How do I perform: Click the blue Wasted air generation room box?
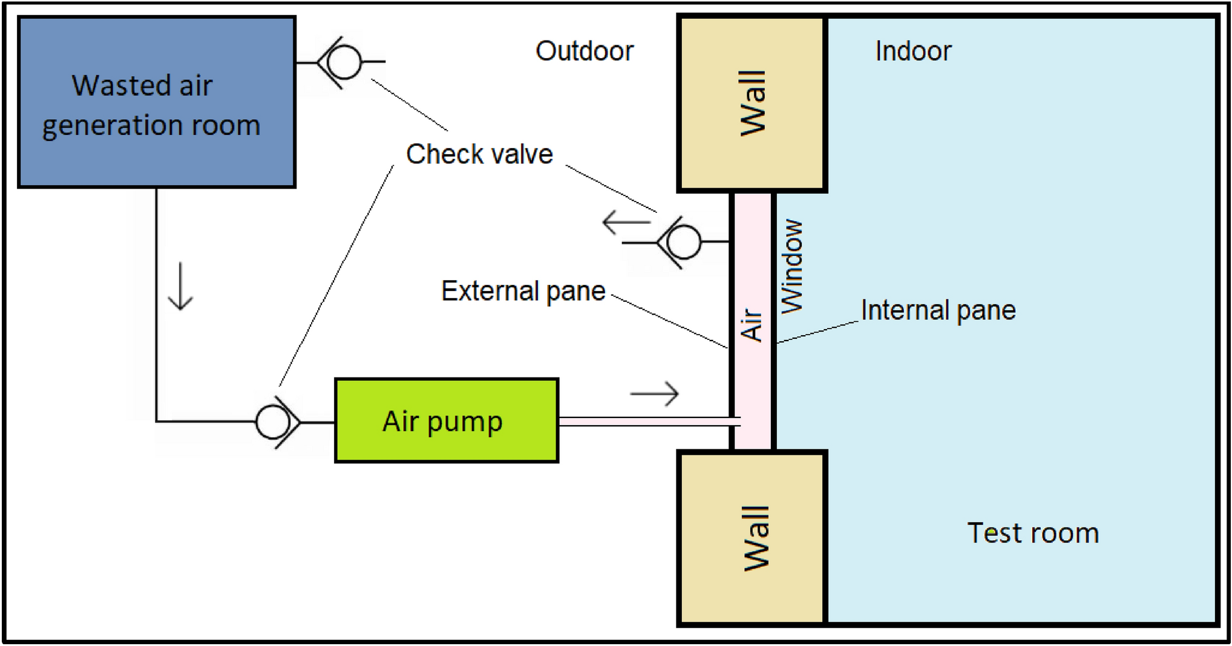click(x=157, y=102)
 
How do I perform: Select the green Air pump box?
click(x=447, y=420)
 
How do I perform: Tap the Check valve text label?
click(x=479, y=154)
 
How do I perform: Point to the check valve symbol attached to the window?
click(x=680, y=242)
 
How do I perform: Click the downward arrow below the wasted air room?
click(x=180, y=286)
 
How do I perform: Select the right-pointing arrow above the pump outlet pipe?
click(x=654, y=394)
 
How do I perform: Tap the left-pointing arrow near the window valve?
click(x=626, y=222)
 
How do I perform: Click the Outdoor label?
click(x=585, y=51)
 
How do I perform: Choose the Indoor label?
click(x=913, y=51)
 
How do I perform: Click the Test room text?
click(x=1033, y=533)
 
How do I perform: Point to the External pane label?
click(x=523, y=291)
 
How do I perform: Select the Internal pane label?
click(x=939, y=310)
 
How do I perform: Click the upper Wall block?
click(x=752, y=103)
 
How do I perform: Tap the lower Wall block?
click(x=752, y=538)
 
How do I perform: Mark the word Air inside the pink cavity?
click(x=752, y=325)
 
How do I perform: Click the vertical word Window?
click(x=791, y=267)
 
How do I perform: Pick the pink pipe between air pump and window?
click(x=649, y=422)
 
